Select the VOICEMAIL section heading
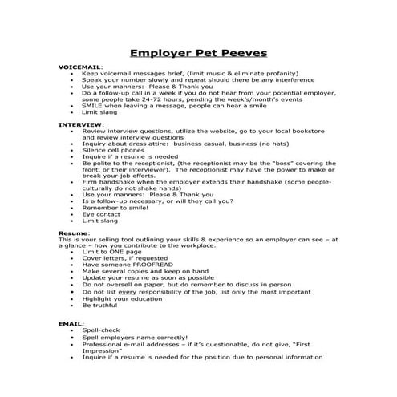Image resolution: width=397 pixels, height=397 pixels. pyautogui.click(x=81, y=67)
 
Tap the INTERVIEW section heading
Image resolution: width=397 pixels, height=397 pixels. pyautogui.click(x=81, y=125)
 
